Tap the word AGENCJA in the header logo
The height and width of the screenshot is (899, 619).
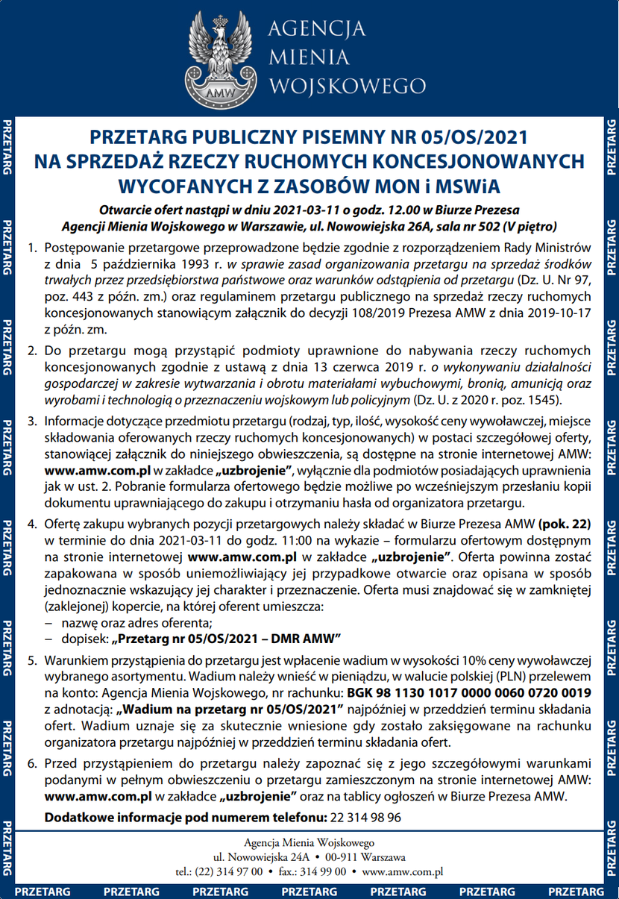tap(315, 29)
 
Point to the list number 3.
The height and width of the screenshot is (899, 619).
tap(31, 421)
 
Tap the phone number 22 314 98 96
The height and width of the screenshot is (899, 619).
tap(364, 817)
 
